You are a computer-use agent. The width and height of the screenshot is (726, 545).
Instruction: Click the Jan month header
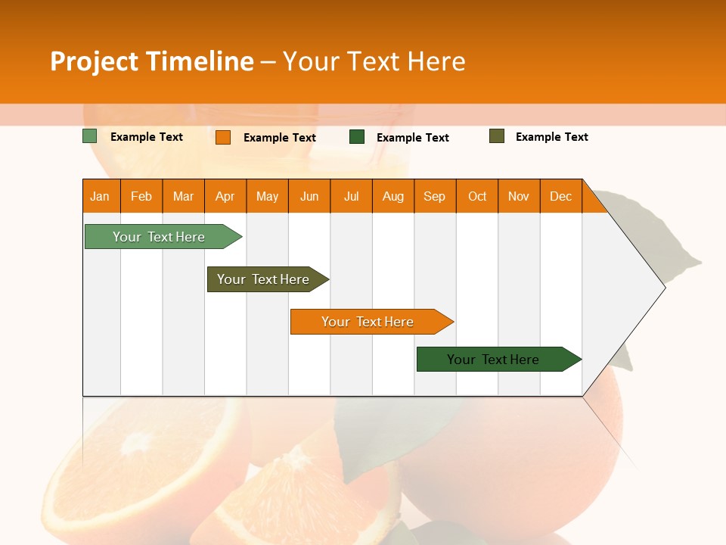click(101, 196)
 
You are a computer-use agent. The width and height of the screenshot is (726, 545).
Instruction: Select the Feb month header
click(141, 196)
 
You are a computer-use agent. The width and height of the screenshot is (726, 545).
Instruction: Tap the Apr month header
click(225, 196)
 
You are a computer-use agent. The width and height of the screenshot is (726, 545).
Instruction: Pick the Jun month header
click(309, 196)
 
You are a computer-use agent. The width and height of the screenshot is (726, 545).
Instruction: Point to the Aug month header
click(393, 196)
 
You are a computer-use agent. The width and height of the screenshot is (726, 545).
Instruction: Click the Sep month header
click(435, 196)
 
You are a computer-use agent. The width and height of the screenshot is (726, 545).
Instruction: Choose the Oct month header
click(477, 196)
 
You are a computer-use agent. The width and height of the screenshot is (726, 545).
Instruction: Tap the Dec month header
click(561, 196)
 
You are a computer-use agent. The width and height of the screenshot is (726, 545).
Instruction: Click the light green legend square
click(90, 136)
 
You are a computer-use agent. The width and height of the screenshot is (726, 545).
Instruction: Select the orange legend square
click(223, 137)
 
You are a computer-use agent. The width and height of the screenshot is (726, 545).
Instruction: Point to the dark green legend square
click(357, 137)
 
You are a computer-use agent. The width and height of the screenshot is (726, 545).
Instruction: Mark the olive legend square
click(497, 136)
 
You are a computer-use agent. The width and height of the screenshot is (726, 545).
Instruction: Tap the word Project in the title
click(95, 61)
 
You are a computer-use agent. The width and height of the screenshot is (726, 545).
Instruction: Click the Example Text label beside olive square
click(551, 137)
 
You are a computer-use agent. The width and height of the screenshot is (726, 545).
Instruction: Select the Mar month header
click(183, 196)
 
